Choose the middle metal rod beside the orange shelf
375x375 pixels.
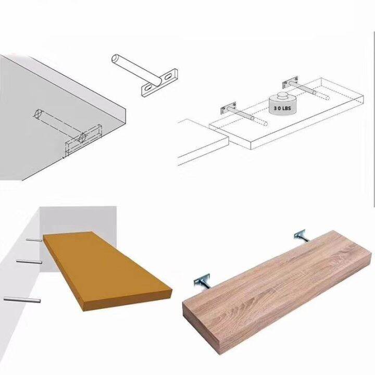pos(28,260)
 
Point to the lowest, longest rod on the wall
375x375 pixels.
pos(21,299)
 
